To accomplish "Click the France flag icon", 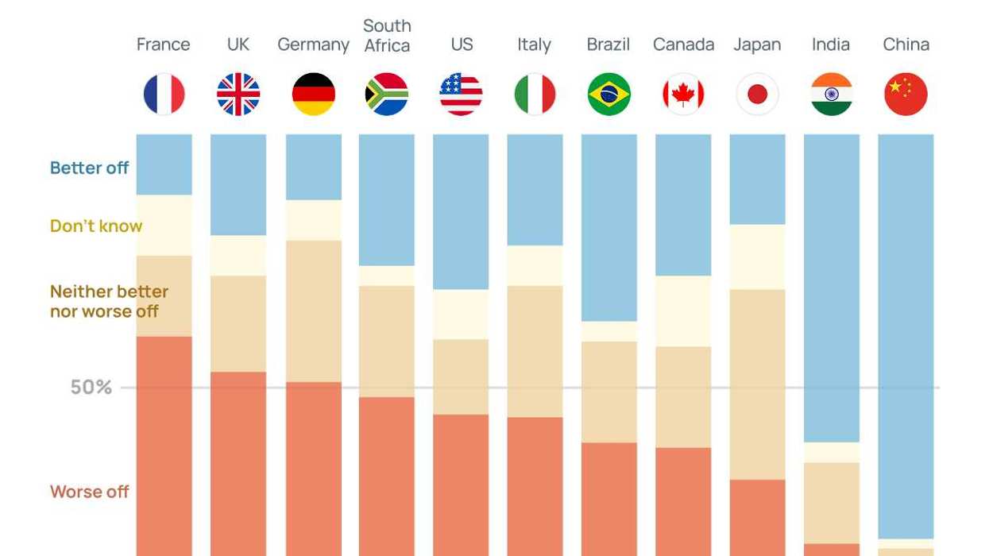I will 164,94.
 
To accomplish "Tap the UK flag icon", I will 238,94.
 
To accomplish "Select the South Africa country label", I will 387,37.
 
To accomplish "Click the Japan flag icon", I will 757,94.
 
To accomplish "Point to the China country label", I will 906,44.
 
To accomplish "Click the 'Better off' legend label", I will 89,168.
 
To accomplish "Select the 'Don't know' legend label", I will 96,226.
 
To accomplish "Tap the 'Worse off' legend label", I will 89,492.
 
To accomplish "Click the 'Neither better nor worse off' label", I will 109,301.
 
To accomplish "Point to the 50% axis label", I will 91,388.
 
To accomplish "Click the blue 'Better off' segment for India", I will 831,286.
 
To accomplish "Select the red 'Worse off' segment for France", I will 164,445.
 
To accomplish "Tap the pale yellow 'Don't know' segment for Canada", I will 683,311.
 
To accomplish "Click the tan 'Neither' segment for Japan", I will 757,384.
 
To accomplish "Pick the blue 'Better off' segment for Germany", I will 313,166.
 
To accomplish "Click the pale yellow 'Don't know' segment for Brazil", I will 608,331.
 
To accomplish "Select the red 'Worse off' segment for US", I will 461,485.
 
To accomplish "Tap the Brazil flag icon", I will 608,94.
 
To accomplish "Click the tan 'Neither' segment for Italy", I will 535,351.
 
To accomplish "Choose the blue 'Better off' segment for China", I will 906,334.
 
